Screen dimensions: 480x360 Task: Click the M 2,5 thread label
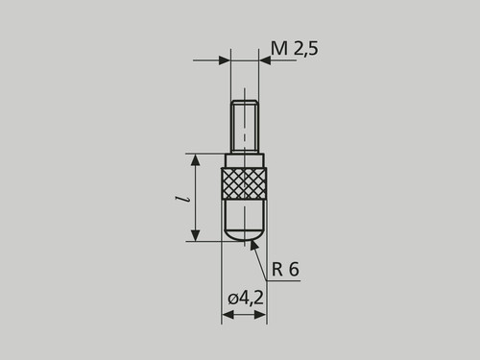(295, 49)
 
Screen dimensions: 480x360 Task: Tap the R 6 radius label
(285, 269)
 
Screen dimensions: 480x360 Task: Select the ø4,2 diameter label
(246, 299)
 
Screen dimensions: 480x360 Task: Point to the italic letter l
(182, 199)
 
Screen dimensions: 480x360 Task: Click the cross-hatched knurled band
(244, 183)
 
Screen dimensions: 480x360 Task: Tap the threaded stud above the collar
(245, 127)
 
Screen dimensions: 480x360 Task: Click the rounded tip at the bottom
(244, 235)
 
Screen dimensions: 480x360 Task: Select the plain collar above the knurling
(245, 160)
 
